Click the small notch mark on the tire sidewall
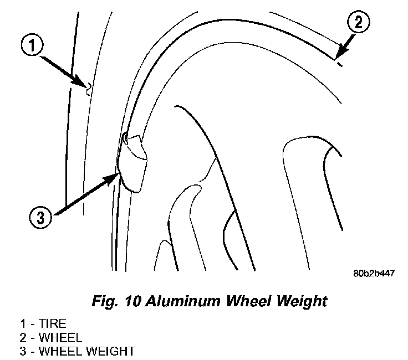click(88, 86)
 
